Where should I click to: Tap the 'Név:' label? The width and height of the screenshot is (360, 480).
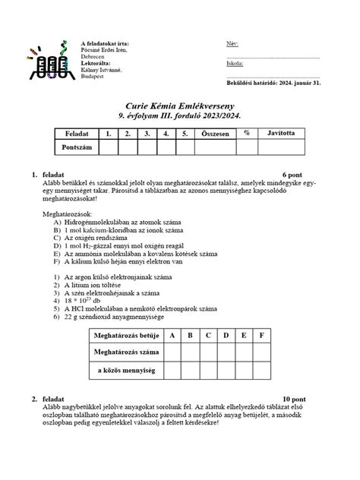(232, 43)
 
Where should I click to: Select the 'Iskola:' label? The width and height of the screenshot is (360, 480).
(235, 65)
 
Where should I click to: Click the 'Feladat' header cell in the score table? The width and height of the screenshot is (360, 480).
(77, 134)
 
